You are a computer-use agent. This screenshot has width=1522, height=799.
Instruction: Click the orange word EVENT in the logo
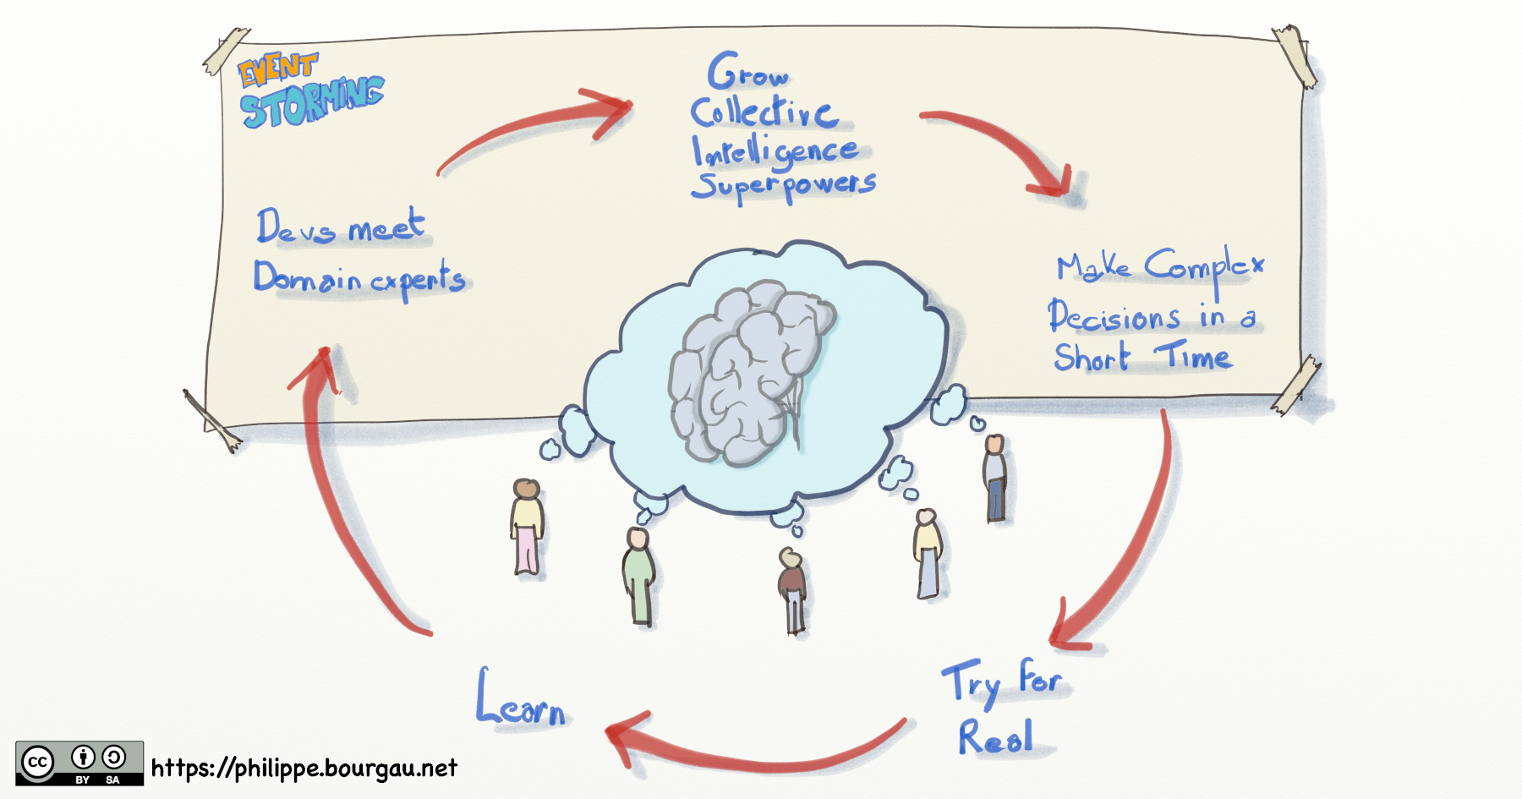[276, 68]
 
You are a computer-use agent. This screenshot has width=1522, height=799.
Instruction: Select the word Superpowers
[783, 185]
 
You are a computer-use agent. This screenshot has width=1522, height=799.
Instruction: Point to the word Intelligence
[774, 150]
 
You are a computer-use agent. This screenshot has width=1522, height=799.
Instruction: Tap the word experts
[418, 280]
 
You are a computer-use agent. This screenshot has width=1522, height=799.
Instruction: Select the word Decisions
[1114, 317]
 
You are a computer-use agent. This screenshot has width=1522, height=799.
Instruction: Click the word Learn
[521, 702]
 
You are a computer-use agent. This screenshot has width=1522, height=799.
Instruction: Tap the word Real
[995, 737]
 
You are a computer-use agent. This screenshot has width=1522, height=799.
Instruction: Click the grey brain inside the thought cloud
[748, 372]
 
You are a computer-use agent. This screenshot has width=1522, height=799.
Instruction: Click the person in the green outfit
[639, 575]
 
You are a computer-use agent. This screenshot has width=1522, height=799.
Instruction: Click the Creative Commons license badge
[79, 763]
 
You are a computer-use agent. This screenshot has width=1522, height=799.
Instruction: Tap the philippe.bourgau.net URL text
[304, 768]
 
